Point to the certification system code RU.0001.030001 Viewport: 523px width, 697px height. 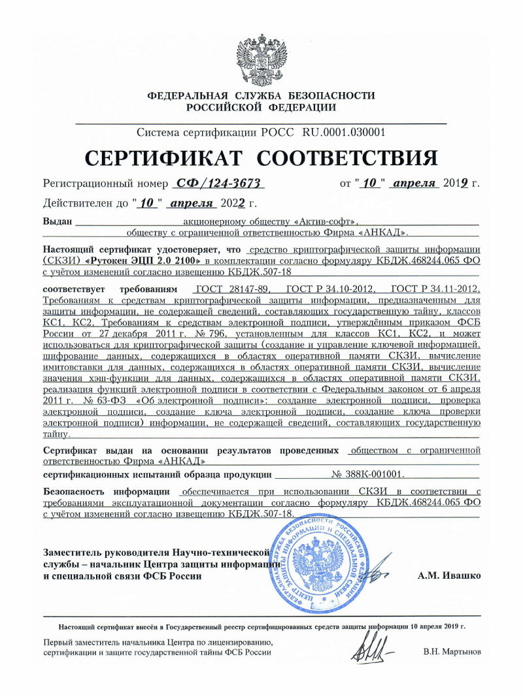pos(343,133)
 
